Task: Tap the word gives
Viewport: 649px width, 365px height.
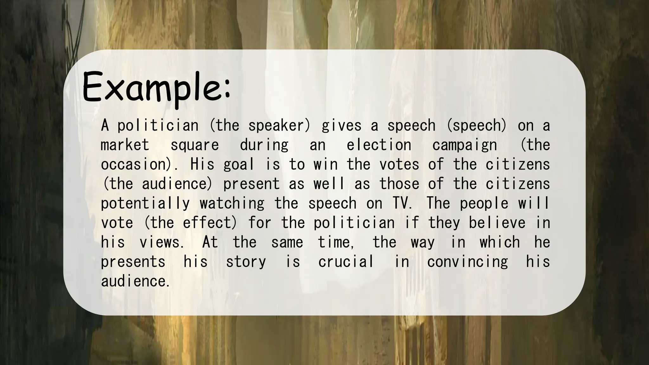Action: click(341, 126)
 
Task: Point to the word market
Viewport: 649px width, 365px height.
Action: click(125, 145)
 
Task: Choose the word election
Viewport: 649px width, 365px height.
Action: click(379, 145)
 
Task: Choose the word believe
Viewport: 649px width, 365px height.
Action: click(497, 223)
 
